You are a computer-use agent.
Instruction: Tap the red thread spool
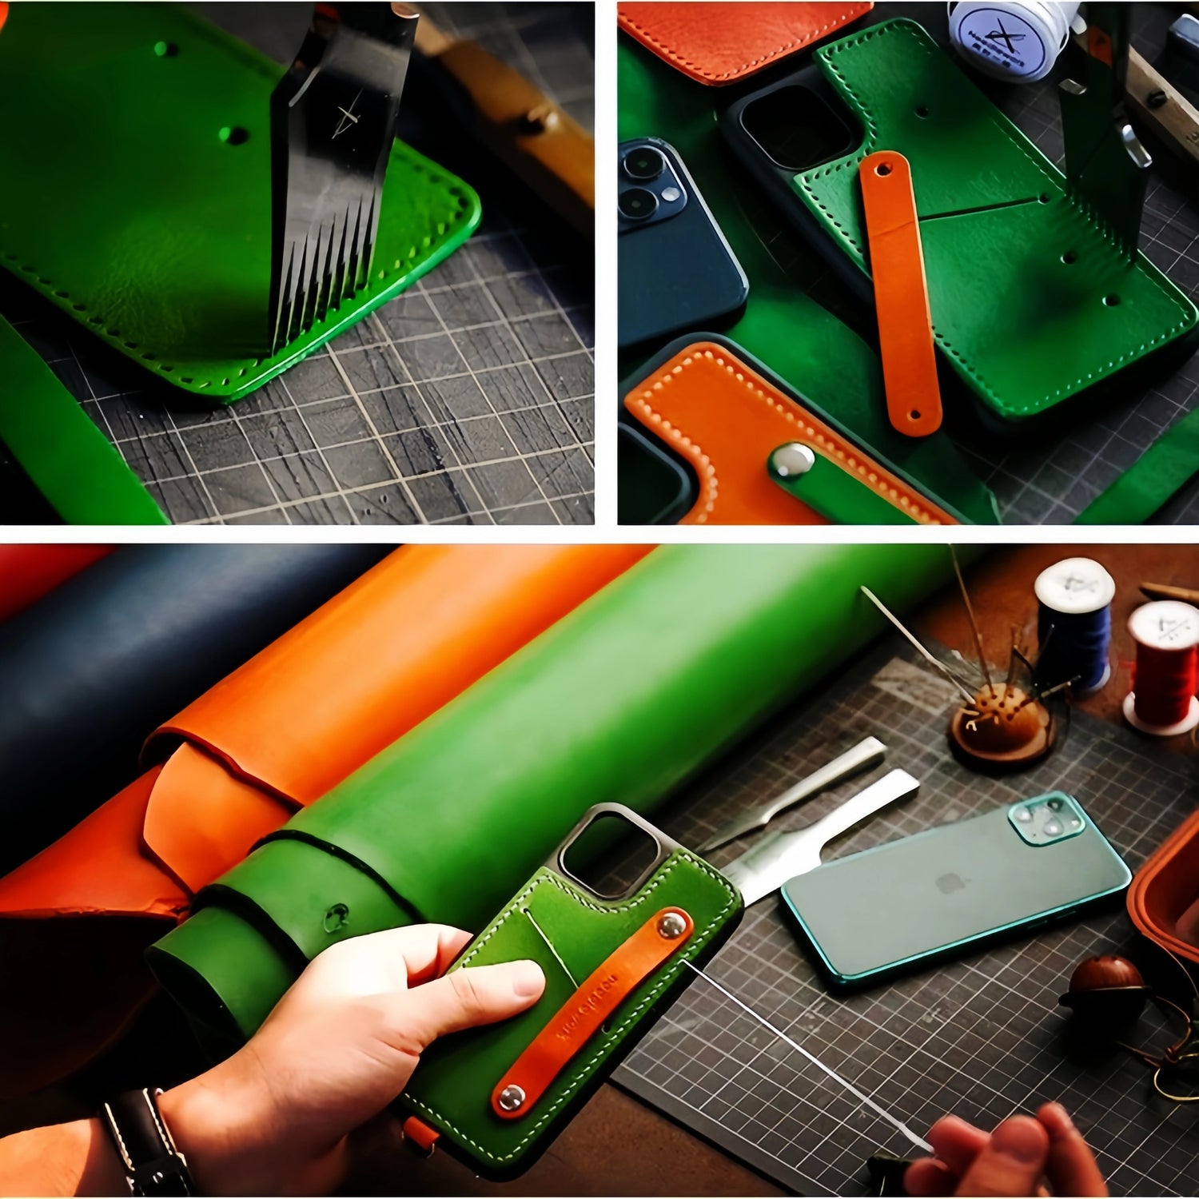[1163, 667]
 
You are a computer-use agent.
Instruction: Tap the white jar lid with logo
[1003, 36]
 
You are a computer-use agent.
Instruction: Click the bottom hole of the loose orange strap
[916, 416]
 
